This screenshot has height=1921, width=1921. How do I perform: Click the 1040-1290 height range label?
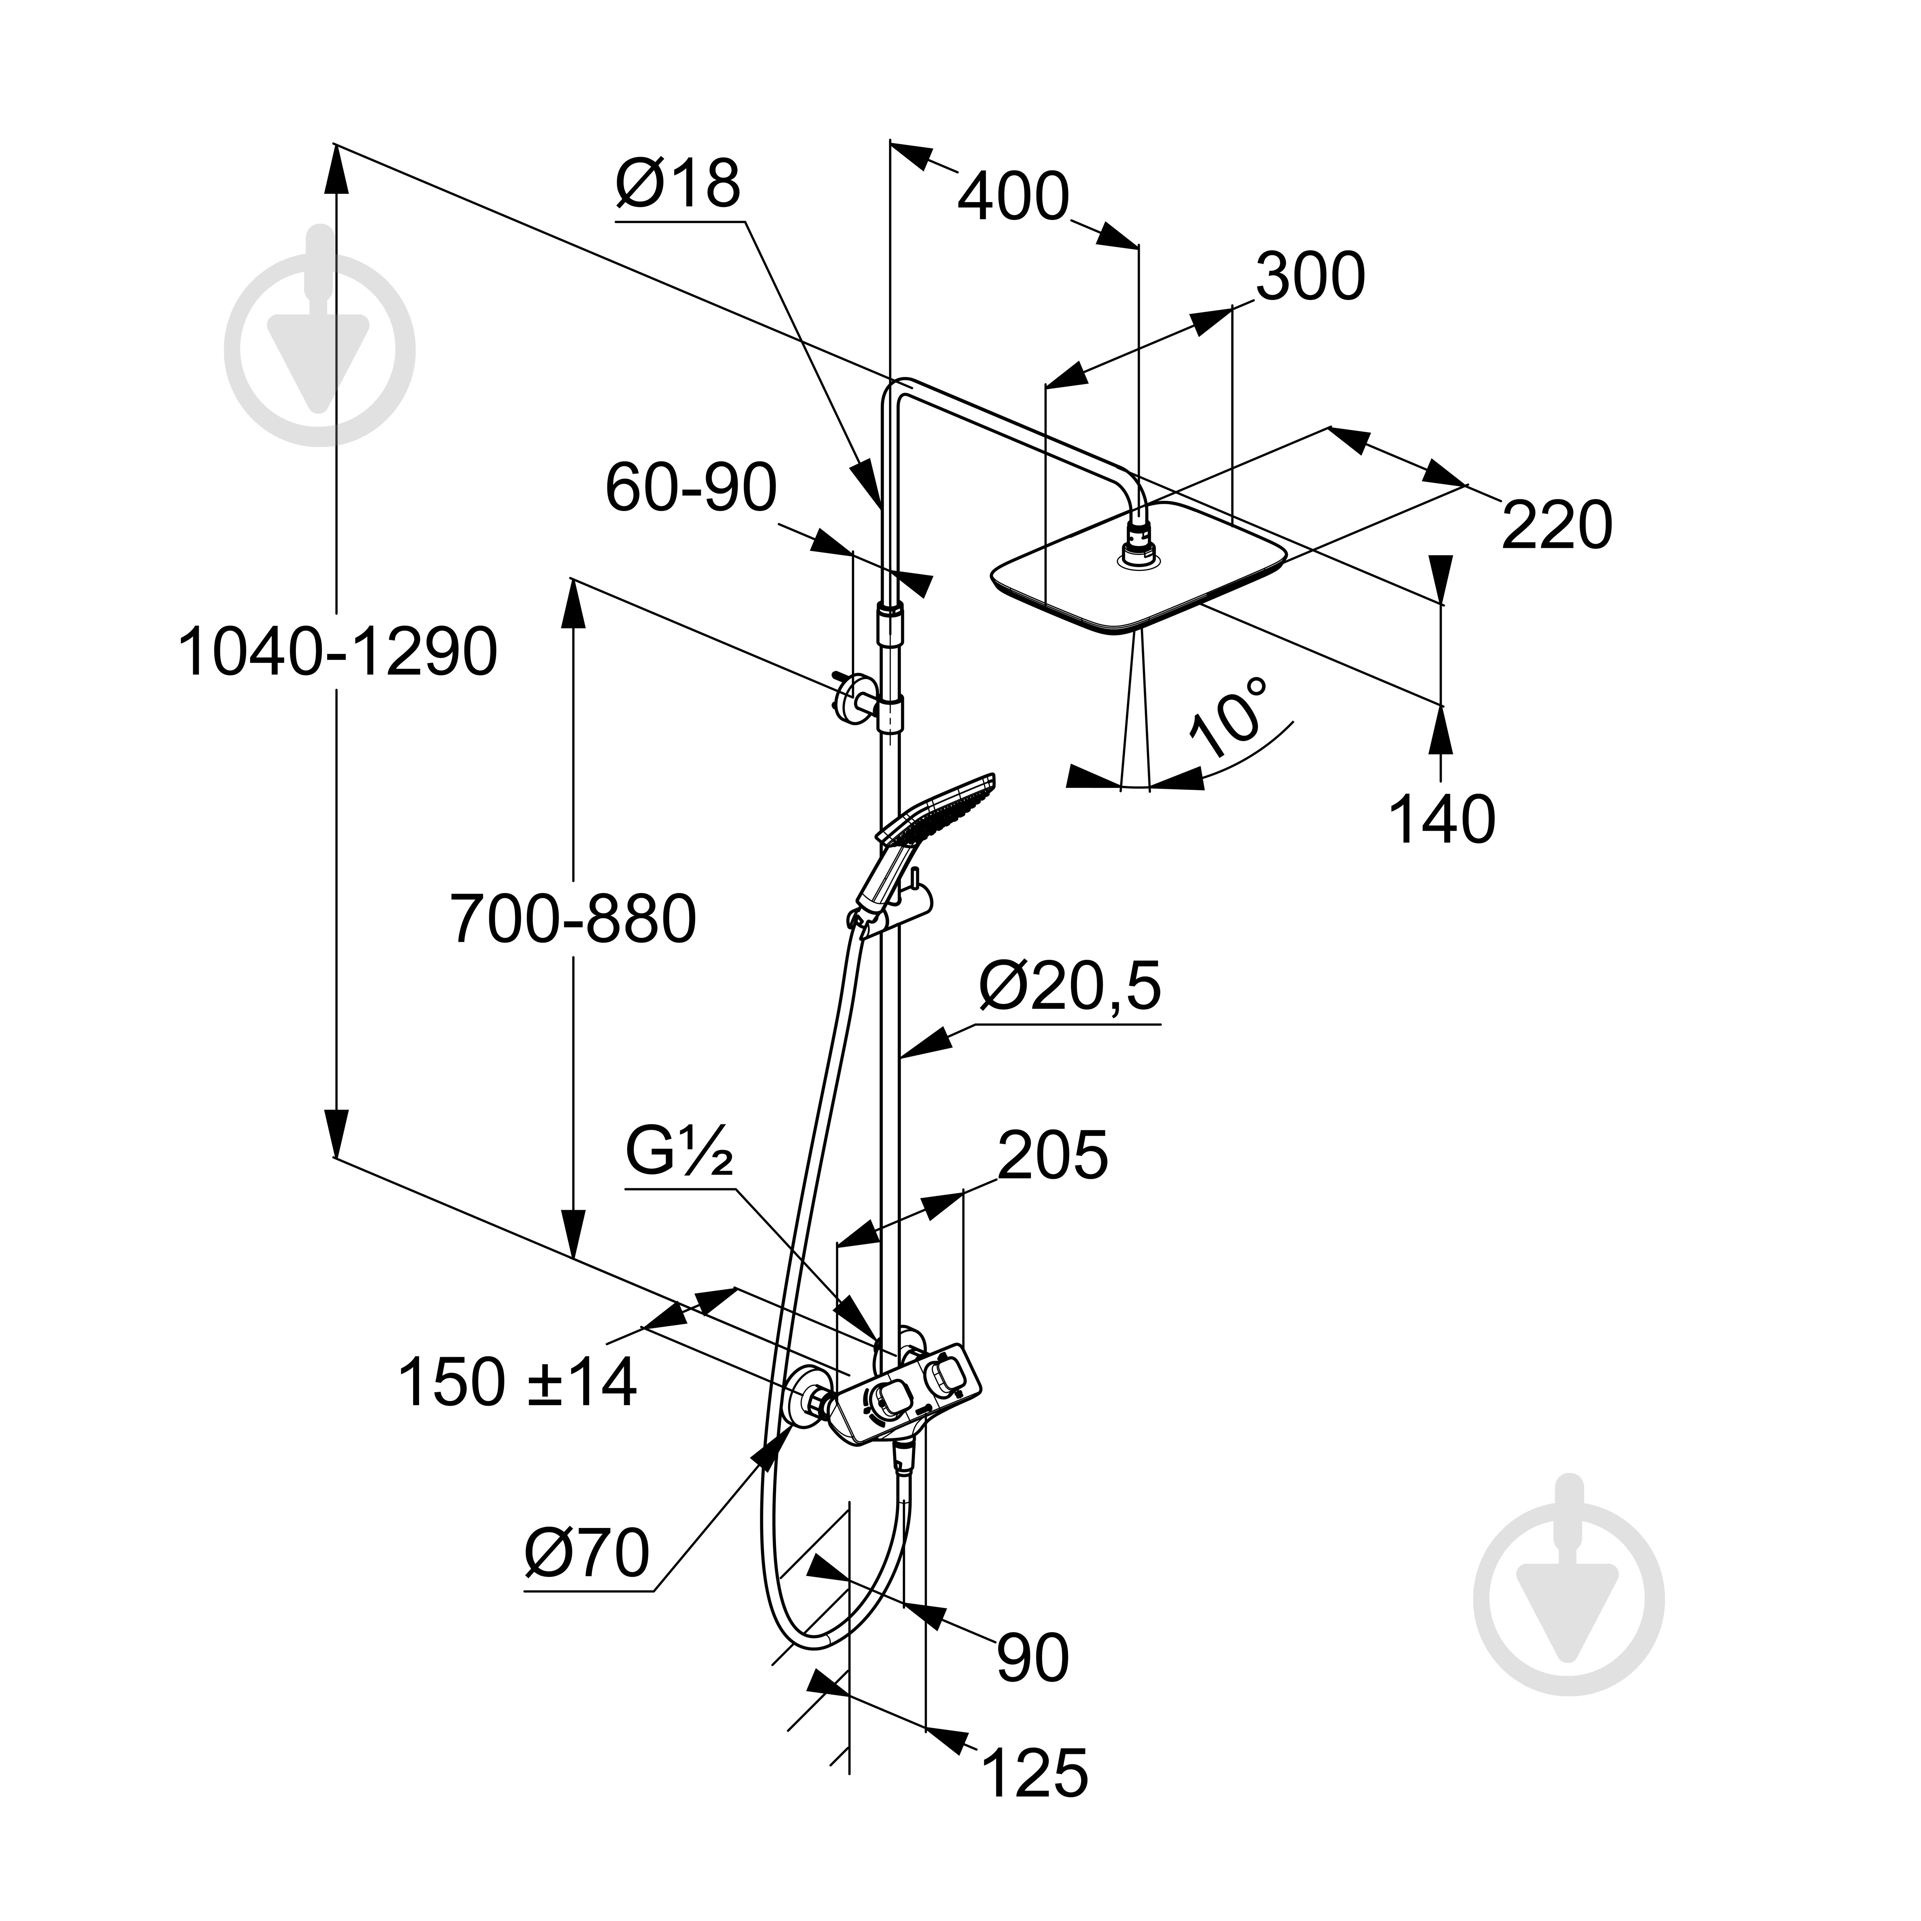(337, 653)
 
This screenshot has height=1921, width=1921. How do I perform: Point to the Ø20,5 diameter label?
(1070, 986)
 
